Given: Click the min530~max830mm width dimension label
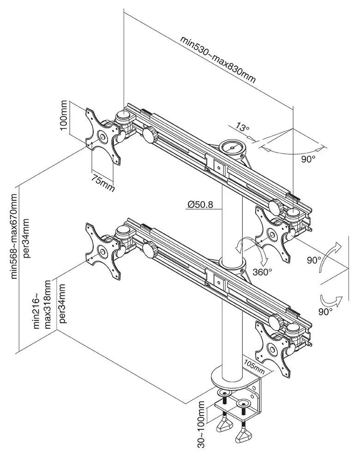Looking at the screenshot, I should (218, 59).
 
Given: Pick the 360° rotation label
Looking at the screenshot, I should (262, 272).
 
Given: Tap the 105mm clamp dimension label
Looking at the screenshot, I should (255, 365).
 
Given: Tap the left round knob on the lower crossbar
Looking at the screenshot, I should (150, 250).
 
